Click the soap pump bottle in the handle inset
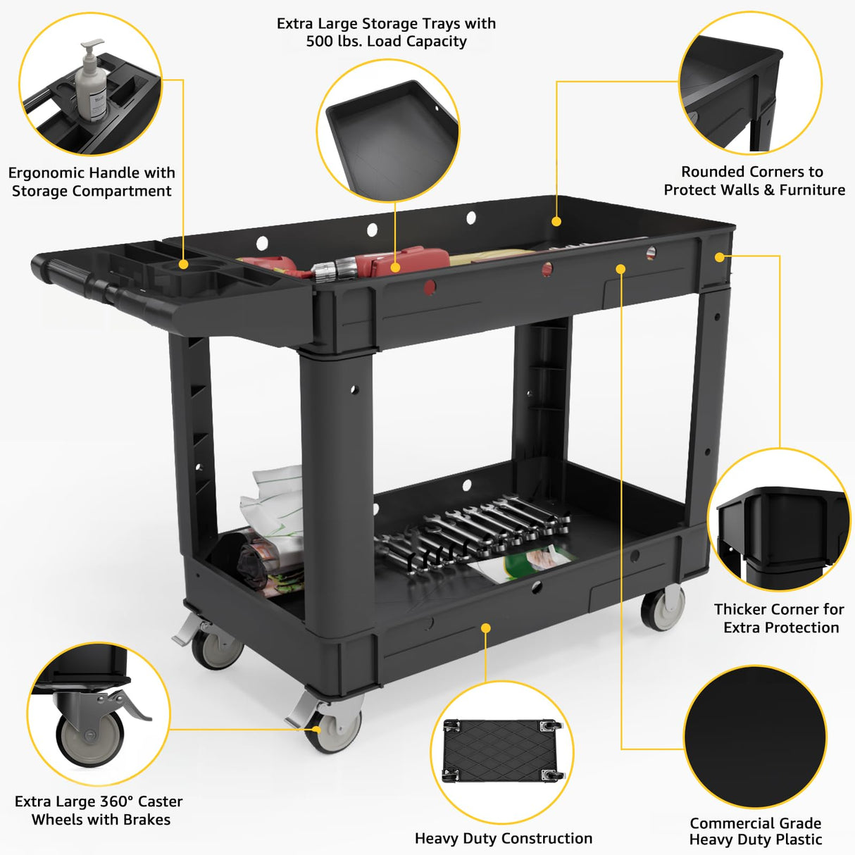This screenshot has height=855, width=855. (x=90, y=83)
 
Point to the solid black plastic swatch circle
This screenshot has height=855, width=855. (x=755, y=737)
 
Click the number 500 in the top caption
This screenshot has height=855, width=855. (x=321, y=42)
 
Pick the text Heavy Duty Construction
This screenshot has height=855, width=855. (x=503, y=839)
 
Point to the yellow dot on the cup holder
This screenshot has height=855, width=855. (x=183, y=264)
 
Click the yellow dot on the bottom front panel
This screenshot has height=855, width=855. (x=485, y=628)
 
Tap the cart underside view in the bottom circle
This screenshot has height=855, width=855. (x=502, y=751)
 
